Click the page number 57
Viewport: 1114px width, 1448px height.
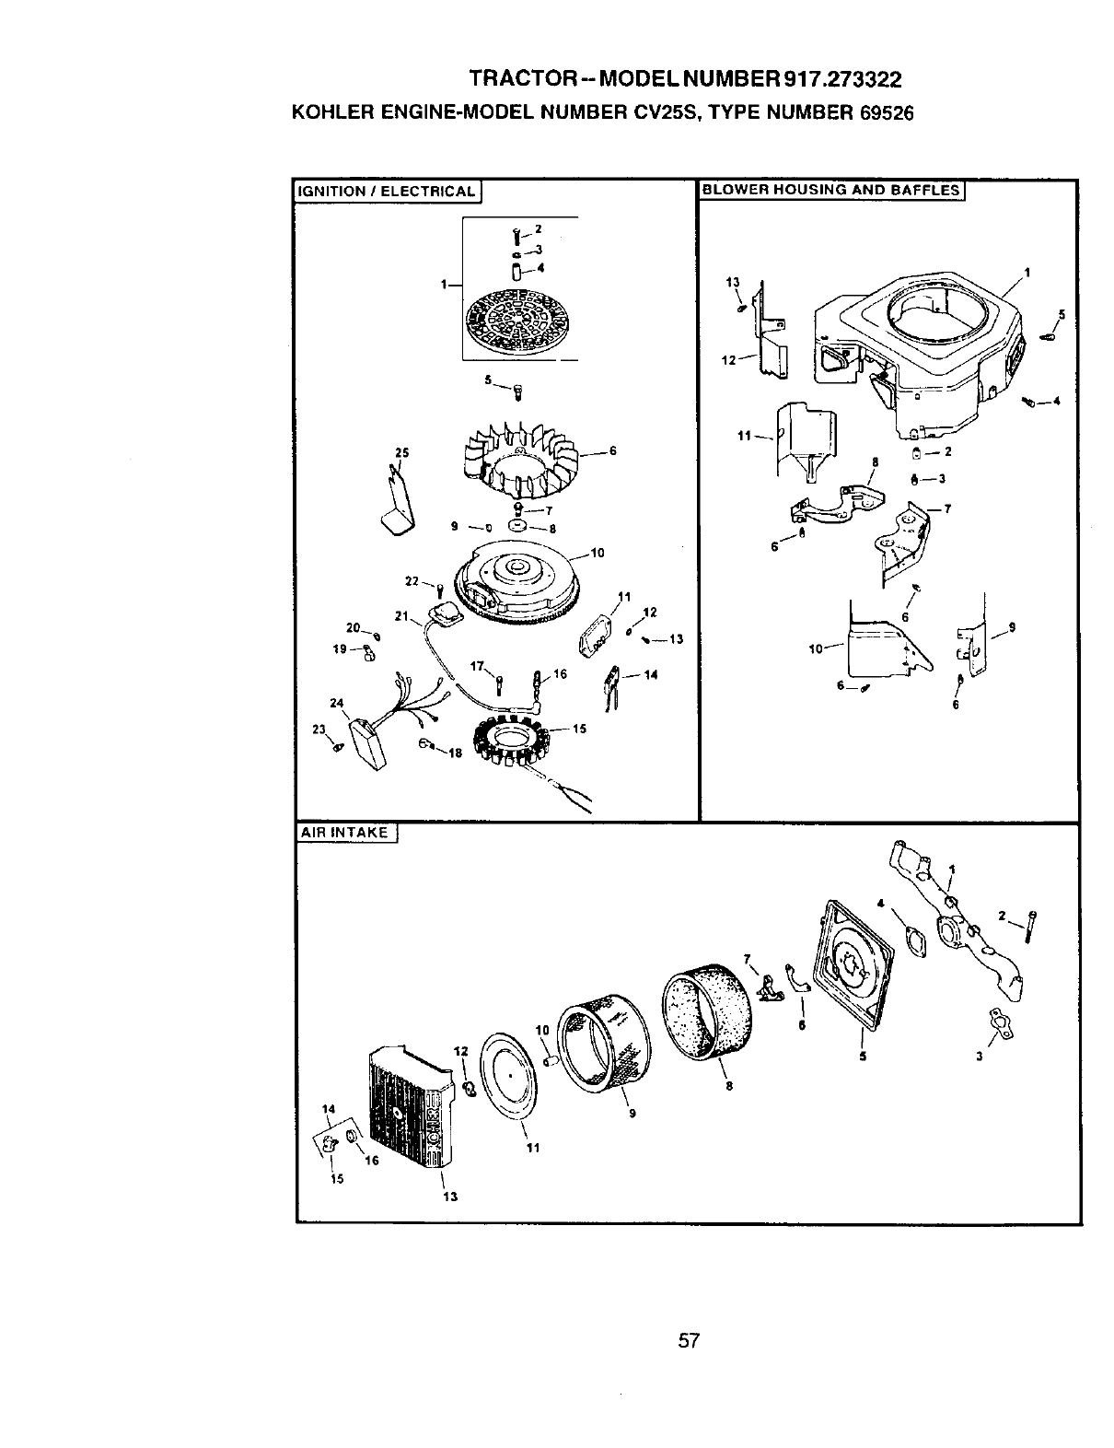coord(690,1341)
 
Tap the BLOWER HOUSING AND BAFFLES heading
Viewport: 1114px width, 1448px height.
coord(830,191)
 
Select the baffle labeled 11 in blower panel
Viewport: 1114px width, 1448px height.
coord(807,437)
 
